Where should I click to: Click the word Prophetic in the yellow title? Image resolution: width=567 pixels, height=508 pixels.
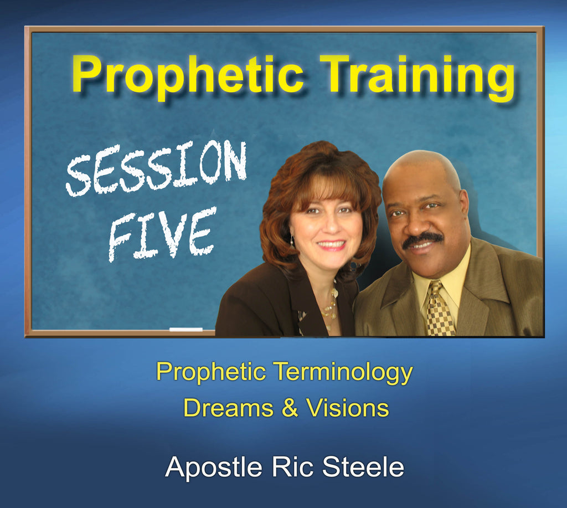[x=188, y=74]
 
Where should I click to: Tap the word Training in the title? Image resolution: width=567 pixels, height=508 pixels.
[x=417, y=76]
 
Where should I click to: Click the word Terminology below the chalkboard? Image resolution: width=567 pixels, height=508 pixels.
[x=343, y=373]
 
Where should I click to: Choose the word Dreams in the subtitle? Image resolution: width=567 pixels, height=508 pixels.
[x=228, y=408]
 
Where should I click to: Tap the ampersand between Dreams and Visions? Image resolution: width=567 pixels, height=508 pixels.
[x=290, y=408]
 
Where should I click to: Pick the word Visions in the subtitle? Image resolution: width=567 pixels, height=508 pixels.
[x=348, y=408]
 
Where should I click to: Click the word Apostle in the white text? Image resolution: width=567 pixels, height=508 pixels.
[x=213, y=468]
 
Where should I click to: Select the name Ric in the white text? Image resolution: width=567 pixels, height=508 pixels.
[x=292, y=467]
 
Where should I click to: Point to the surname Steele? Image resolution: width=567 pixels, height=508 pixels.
[x=363, y=467]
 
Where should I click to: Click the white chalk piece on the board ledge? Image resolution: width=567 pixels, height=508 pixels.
[x=186, y=329]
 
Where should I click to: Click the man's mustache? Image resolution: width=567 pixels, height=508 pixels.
[x=422, y=240]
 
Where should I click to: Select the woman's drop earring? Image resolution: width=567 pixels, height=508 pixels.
[x=292, y=240]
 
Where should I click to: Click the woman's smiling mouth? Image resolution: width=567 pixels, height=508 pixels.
[x=331, y=245]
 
